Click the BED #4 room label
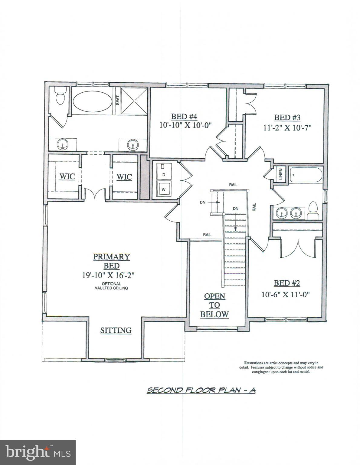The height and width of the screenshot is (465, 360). (x=184, y=117)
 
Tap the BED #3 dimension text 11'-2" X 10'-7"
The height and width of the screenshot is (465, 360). (x=287, y=128)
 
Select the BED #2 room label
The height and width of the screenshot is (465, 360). (x=286, y=283)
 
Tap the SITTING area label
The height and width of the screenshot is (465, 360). (x=116, y=330)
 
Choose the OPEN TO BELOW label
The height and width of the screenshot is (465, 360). (x=214, y=305)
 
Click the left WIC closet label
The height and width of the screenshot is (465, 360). (x=67, y=176)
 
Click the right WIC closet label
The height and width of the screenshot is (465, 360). (x=124, y=176)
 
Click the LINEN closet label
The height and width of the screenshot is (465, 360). (x=280, y=174)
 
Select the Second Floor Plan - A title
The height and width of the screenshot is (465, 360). (x=201, y=391)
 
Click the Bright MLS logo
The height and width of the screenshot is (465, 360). (x=38, y=452)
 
